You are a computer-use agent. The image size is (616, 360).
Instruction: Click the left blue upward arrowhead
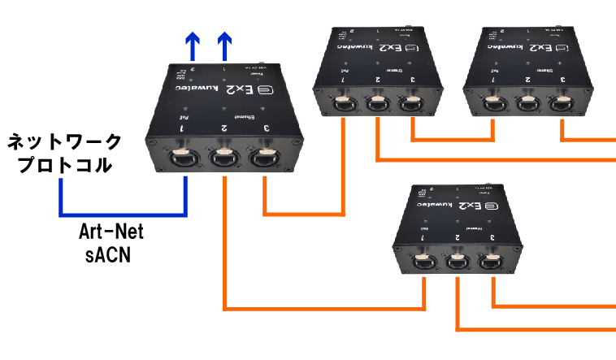coord(192,41)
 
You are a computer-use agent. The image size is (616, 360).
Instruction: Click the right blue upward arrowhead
coord(224,41)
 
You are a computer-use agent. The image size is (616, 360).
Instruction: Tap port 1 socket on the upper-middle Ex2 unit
coord(344,103)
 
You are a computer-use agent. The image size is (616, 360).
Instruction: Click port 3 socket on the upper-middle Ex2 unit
coord(413,103)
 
